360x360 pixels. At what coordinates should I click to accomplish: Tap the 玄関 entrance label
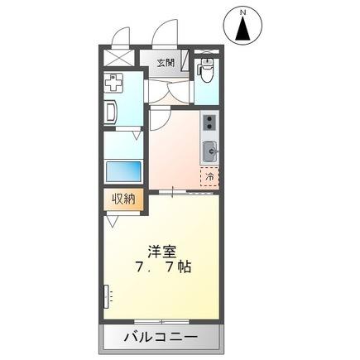point(166,62)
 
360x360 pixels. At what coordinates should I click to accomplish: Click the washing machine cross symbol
point(113,83)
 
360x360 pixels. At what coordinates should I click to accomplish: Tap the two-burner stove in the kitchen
point(209,125)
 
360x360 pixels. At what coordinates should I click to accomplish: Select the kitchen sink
point(209,151)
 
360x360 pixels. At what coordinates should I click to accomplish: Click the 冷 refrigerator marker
point(209,175)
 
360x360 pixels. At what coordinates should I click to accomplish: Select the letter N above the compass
point(243,12)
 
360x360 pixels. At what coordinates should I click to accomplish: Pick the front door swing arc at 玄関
point(166,37)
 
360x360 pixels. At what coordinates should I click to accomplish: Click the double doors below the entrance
point(170,96)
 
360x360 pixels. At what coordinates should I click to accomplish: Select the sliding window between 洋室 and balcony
point(162,320)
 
